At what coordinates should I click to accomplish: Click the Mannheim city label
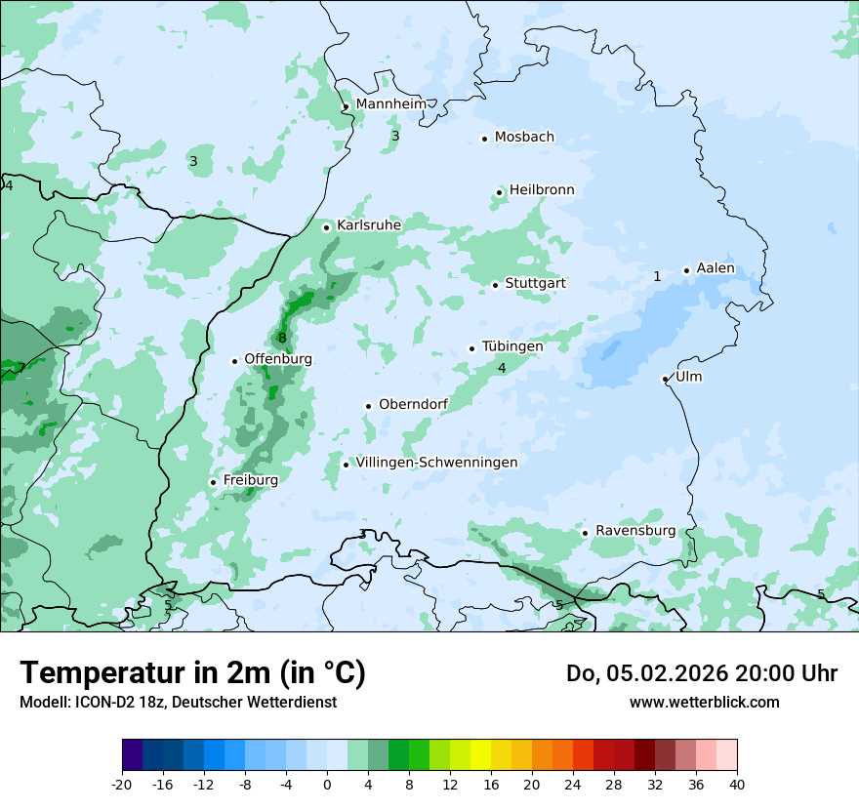point(390,104)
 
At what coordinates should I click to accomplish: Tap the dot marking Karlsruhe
point(327,227)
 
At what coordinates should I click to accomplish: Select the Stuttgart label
point(535,284)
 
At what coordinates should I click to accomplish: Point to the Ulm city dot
point(665,379)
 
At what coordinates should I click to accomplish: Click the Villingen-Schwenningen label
point(436,463)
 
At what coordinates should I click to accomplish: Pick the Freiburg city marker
point(213,482)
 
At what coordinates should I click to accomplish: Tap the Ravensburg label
point(635,531)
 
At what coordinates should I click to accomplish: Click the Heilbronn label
point(542,190)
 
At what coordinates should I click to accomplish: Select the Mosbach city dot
point(484,139)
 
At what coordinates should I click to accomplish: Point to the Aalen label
point(716,269)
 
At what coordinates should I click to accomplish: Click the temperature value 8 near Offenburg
point(282,339)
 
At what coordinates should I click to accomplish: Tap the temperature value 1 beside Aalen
point(657,277)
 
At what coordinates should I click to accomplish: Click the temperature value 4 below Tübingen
point(502,368)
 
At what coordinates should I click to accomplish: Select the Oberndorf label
point(414,405)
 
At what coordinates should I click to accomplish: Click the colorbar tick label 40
point(737,785)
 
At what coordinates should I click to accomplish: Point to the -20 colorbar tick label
point(121,785)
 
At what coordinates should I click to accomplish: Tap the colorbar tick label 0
point(327,785)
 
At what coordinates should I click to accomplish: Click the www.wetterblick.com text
point(704,703)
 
